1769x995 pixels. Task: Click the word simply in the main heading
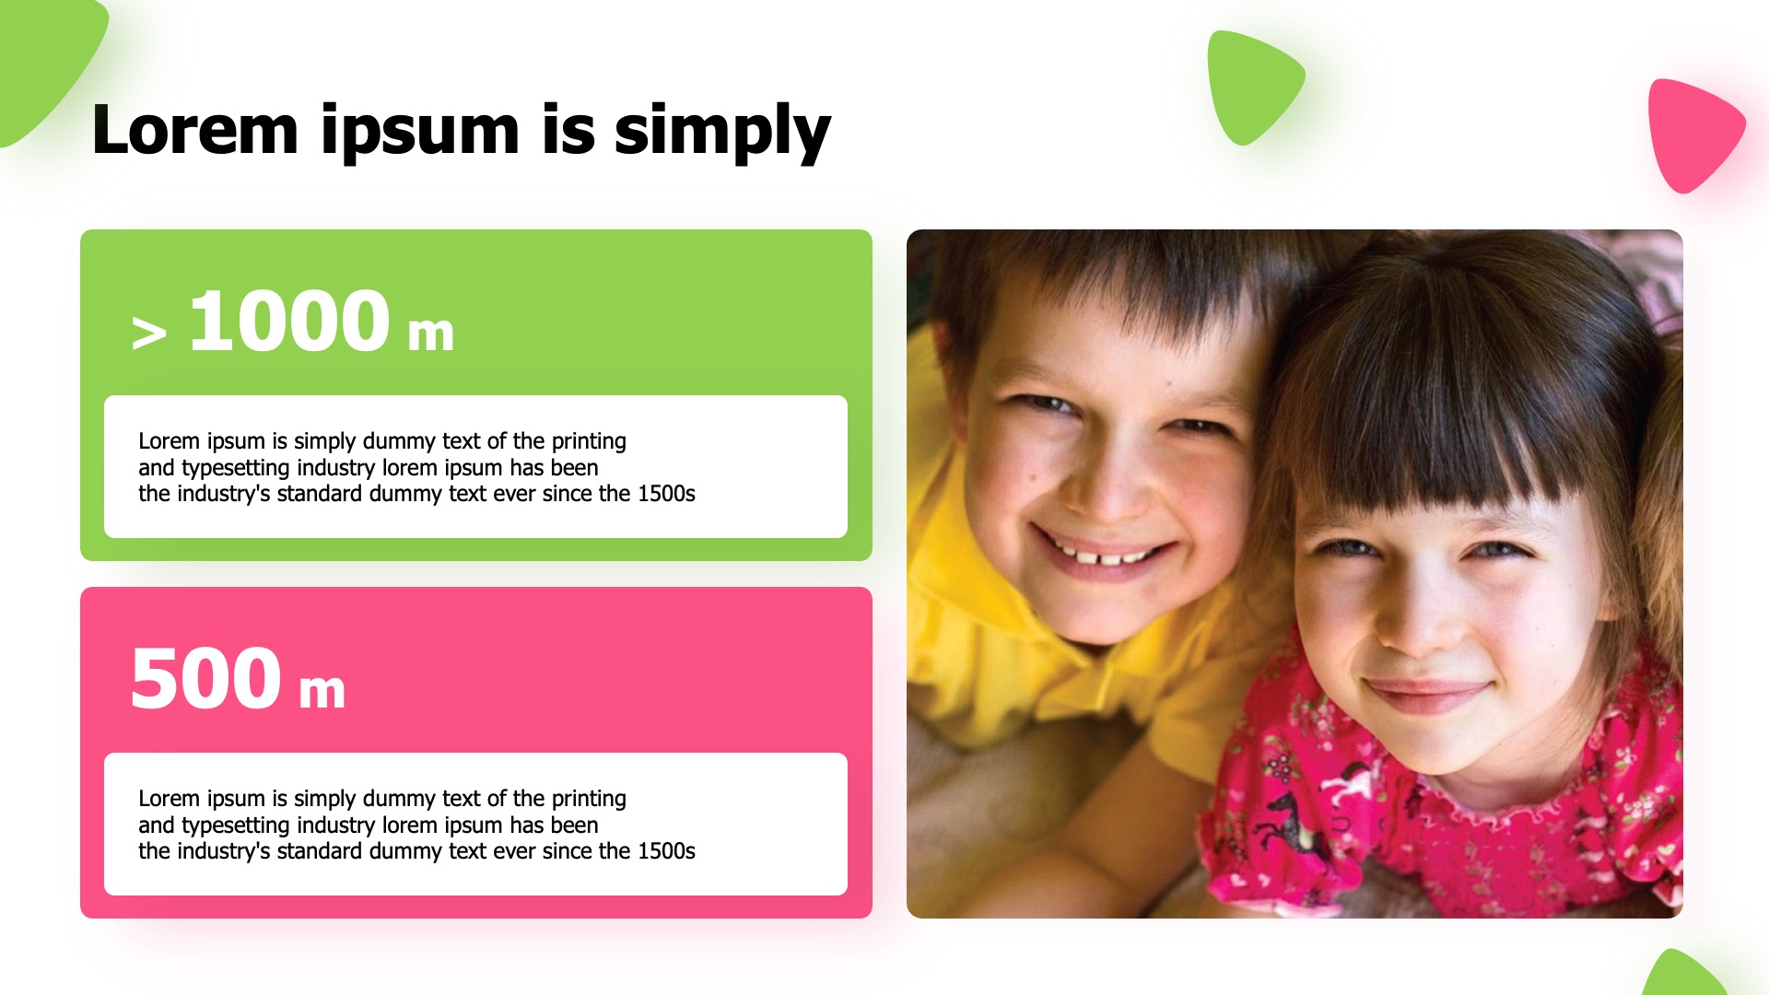[x=722, y=132]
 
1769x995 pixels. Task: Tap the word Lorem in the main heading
[x=195, y=130]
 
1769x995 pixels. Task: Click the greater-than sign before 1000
[x=149, y=333]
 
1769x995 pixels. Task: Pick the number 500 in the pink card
[x=205, y=678]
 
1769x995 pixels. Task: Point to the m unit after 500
[x=322, y=691]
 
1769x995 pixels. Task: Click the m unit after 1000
[x=431, y=334]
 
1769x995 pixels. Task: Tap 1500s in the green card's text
[x=666, y=494]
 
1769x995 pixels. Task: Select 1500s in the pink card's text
[x=666, y=851]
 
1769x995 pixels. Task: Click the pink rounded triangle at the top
[x=1693, y=135]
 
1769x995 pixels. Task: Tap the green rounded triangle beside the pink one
[x=1251, y=86]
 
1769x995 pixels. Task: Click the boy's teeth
[x=1106, y=555]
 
